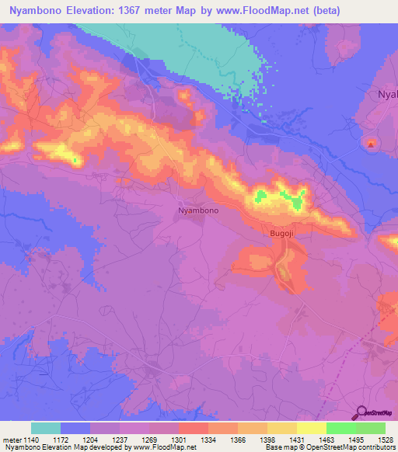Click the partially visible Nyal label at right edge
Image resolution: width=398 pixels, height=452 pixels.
click(x=386, y=94)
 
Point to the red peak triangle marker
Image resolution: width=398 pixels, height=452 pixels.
click(x=371, y=143)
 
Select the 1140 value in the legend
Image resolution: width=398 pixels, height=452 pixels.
click(x=31, y=439)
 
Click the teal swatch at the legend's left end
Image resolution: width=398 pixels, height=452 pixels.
click(x=46, y=428)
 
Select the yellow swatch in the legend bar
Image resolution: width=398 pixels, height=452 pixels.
click(x=311, y=428)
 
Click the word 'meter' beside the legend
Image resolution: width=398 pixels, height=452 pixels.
click(x=11, y=439)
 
